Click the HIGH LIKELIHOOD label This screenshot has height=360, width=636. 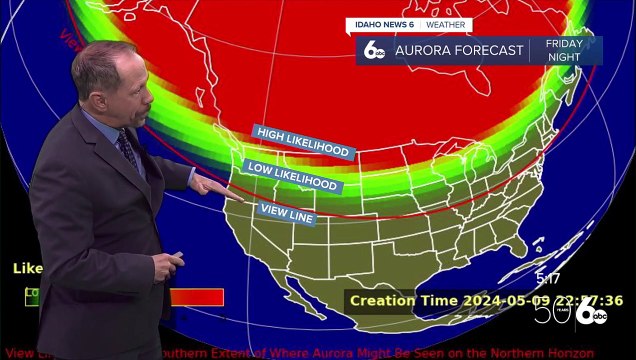click(304, 142)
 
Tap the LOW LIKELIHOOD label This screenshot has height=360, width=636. click(292, 177)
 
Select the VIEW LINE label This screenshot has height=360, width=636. click(286, 211)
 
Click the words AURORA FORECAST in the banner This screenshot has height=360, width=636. click(459, 51)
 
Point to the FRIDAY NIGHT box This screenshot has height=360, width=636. click(564, 51)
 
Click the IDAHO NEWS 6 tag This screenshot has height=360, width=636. click(382, 25)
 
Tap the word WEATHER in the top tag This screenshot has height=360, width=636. click(445, 25)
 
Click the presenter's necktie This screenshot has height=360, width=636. click(129, 150)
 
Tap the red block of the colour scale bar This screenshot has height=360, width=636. click(197, 297)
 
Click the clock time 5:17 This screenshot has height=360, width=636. click(548, 278)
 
